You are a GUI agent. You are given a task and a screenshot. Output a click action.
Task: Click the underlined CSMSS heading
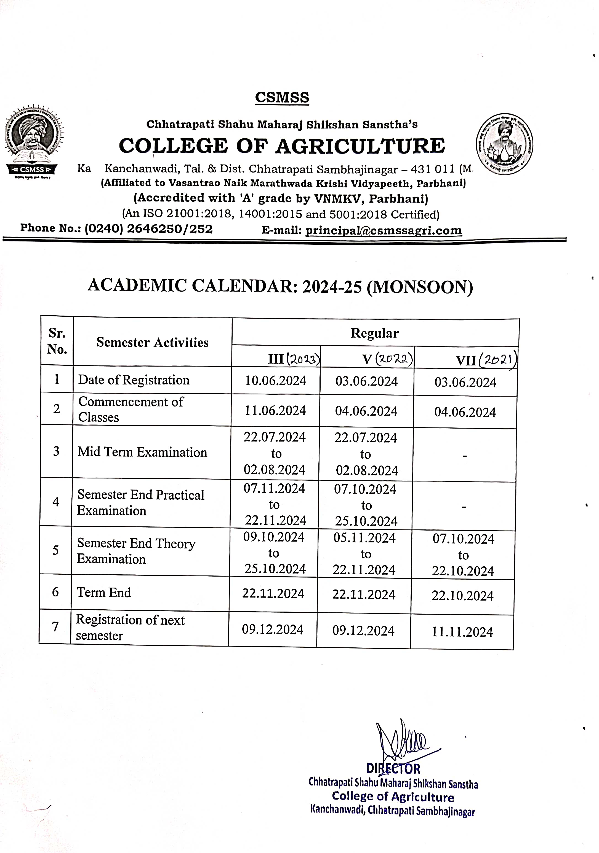[x=282, y=97]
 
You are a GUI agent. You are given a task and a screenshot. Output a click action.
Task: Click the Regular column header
[x=374, y=333]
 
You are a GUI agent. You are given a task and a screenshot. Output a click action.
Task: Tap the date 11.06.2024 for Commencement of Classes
[x=275, y=411]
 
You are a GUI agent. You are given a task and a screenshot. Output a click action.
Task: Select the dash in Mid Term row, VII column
[x=464, y=456]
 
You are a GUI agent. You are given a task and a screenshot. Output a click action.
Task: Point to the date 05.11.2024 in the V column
[x=364, y=538]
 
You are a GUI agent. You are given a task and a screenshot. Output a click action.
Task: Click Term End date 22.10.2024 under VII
[x=462, y=596]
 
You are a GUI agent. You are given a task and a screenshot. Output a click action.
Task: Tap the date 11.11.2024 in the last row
[x=462, y=632]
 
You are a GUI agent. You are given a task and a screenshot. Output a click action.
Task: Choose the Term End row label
[x=104, y=593]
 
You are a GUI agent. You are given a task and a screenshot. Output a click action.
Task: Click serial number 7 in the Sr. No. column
[x=55, y=627]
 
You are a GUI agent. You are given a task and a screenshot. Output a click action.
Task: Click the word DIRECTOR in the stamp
[x=393, y=769]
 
